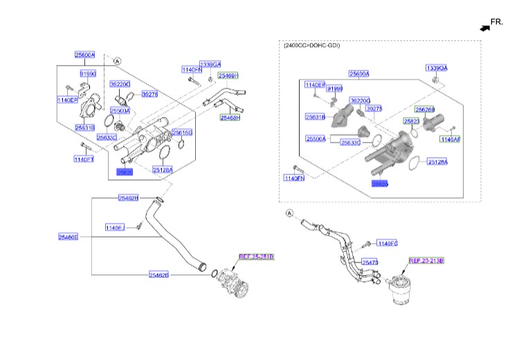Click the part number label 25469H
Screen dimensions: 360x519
(x=228, y=75)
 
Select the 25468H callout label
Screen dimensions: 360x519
(x=230, y=118)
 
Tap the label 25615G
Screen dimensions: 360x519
(x=182, y=132)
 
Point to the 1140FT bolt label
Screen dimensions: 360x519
(x=83, y=159)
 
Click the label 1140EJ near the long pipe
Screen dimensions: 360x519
(x=115, y=227)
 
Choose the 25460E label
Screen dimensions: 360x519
(x=68, y=237)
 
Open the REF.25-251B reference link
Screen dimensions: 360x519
(x=256, y=257)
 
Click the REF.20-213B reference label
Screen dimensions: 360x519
(x=426, y=261)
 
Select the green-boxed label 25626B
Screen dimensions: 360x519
(x=425, y=109)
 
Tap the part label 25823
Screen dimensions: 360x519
(x=412, y=120)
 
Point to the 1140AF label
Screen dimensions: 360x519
(x=450, y=139)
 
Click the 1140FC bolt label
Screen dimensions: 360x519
(x=389, y=243)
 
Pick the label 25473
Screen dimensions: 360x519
(x=370, y=262)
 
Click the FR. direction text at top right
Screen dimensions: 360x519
(x=498, y=22)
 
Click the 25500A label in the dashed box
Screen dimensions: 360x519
(x=316, y=139)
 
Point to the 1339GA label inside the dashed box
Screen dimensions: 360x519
(x=437, y=68)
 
